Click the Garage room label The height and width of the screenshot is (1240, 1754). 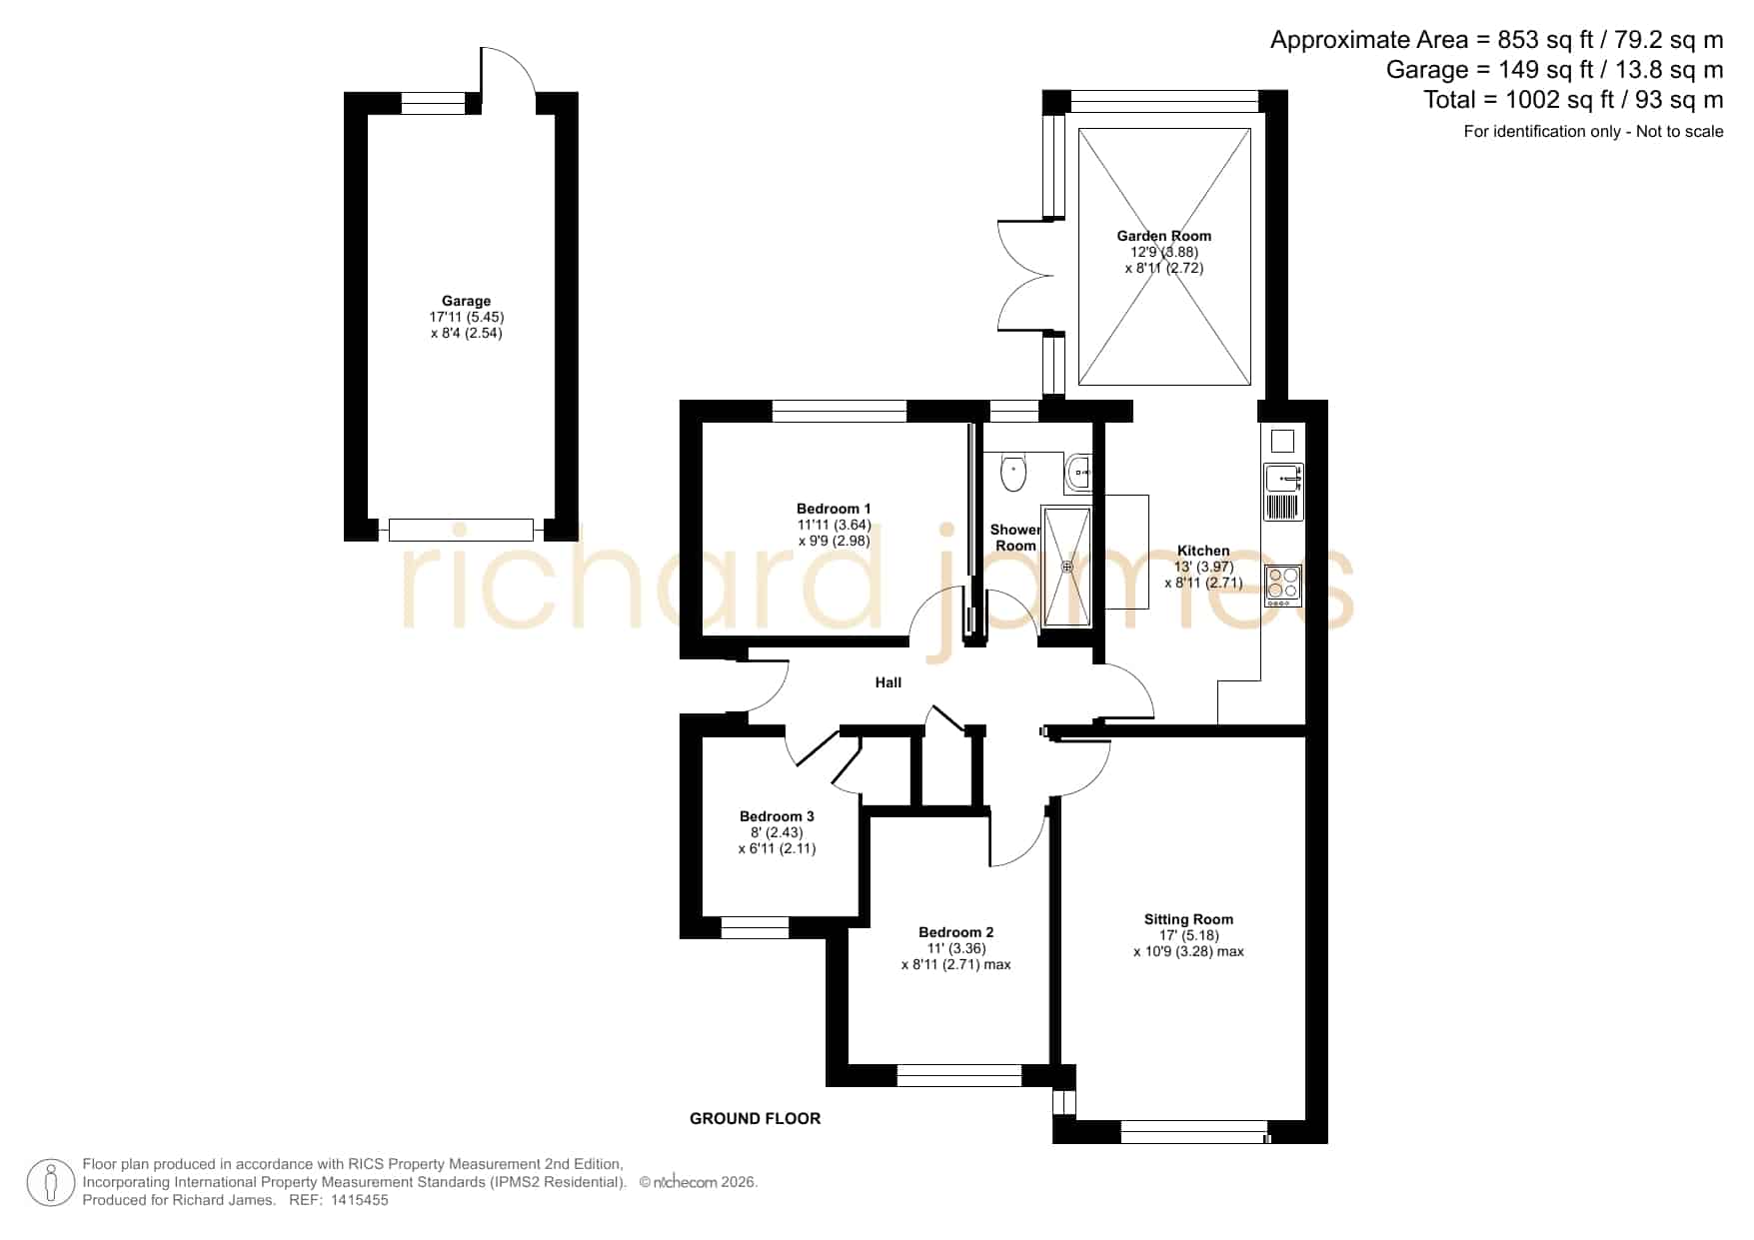(x=466, y=301)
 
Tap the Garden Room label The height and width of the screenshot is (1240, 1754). (x=1163, y=236)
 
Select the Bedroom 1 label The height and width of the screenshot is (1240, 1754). (x=834, y=509)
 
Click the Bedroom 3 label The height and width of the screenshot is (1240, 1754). (x=777, y=816)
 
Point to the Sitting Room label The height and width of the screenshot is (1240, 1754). (x=1188, y=919)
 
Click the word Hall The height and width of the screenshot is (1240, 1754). (x=887, y=682)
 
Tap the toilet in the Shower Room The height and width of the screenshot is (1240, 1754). (x=1012, y=472)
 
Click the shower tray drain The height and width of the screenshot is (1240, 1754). (x=1066, y=567)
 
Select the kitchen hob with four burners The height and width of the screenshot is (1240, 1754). (x=1282, y=585)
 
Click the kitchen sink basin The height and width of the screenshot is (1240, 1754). (x=1282, y=480)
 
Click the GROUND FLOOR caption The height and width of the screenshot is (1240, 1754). (x=755, y=1119)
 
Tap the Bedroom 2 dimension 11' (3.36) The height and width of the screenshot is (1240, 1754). (x=955, y=948)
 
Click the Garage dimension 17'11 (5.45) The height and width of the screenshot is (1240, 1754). (x=466, y=317)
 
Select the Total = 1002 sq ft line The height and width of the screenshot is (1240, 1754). (x=1573, y=100)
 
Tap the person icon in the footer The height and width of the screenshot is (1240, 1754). (x=50, y=1183)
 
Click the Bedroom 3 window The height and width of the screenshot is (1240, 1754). (x=755, y=928)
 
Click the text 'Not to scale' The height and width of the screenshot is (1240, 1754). (x=1679, y=131)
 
